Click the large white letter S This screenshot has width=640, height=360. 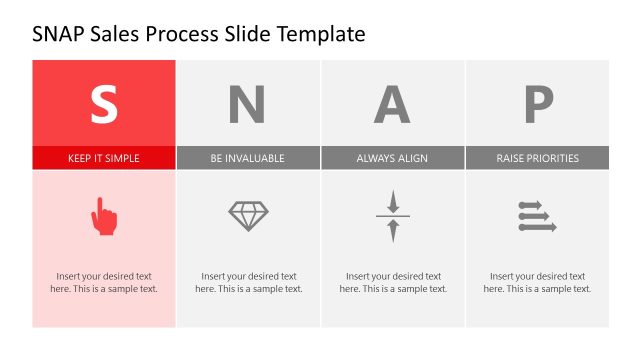point(104,103)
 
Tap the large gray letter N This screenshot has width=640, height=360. point(248,103)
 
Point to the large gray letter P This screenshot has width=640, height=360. point(538,103)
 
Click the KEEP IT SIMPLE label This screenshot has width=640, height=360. point(104,158)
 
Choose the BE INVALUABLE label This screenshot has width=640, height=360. point(248,158)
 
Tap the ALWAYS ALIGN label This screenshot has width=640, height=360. point(392,158)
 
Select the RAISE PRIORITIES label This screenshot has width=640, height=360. point(537,158)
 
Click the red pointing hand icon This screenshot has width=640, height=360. point(104,216)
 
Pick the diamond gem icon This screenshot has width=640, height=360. point(248,216)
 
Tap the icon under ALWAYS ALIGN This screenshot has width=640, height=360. point(393,216)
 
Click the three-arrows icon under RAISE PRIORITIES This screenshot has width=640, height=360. point(537,216)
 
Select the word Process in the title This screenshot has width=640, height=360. point(182,35)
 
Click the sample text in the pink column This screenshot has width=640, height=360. point(104,282)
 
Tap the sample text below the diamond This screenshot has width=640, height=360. point(248,282)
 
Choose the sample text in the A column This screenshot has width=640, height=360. point(393,282)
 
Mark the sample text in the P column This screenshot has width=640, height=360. point(537,282)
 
